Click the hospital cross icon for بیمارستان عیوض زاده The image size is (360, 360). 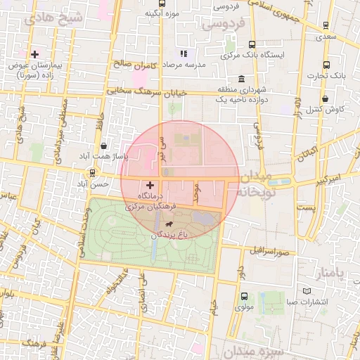(x=34, y=53)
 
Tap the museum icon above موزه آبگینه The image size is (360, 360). (x=162, y=3)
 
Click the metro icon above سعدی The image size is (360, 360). (x=326, y=25)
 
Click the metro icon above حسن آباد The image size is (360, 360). (x=92, y=173)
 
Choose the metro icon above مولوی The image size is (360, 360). (x=244, y=296)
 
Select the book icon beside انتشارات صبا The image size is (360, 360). (x=304, y=291)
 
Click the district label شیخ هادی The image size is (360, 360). (x=53, y=18)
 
